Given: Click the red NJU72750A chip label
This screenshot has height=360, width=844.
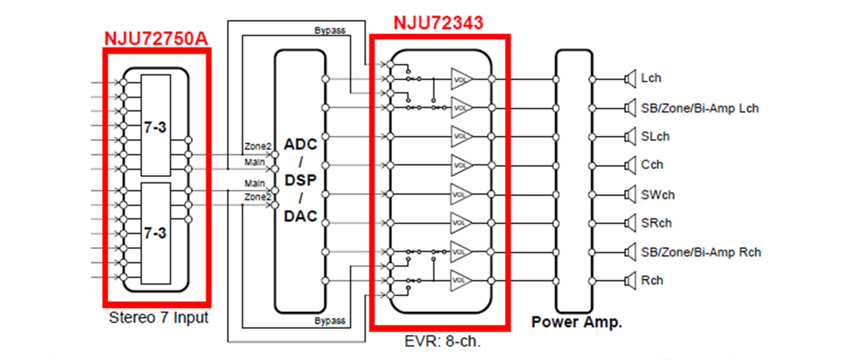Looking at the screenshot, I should pos(155,39).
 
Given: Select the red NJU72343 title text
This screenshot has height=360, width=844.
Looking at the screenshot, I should pos(438,22).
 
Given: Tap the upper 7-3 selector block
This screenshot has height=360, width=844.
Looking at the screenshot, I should pos(155,125).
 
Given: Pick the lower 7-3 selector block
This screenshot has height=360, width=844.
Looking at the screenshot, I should pos(155,232).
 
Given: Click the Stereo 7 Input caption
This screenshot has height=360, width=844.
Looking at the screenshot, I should pos(158,318).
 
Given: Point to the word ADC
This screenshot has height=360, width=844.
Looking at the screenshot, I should pos(300,144).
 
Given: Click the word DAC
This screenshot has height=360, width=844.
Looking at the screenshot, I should pos(300,215).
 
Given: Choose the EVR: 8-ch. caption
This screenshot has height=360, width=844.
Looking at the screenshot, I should pos(439,341).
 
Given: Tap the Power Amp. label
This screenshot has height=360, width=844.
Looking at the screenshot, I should pos(576,322).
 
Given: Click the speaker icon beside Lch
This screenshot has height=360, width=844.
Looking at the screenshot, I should pos(630,79).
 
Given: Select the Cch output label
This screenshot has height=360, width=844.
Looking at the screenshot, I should pos(652,165).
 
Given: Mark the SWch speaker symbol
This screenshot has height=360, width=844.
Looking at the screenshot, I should pos(630,195).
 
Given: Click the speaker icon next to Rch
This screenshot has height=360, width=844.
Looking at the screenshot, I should pos(630,280).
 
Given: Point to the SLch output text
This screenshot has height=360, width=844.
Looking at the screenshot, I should pos(655,136).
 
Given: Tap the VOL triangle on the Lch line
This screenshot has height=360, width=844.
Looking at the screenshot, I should pos(460,79).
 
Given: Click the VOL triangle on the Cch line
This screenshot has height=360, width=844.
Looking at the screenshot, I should pos(460,165).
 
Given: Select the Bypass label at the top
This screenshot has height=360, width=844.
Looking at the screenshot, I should pos(330,30).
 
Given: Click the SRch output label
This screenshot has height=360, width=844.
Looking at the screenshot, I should pos(656,223).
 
